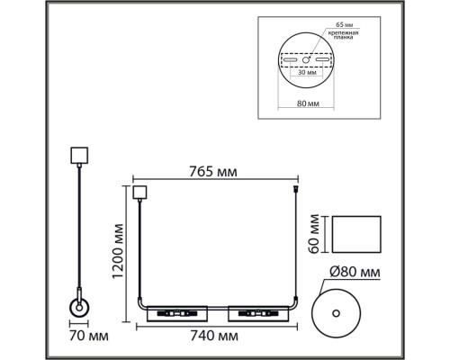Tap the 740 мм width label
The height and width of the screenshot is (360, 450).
coord(215,336)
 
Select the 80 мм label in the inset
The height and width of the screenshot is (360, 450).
coord(307,104)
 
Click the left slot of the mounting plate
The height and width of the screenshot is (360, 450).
coord(290,59)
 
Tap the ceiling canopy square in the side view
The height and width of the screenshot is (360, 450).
coord(77,154)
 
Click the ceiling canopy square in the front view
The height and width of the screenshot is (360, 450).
coord(139,191)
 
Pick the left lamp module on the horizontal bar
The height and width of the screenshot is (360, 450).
coord(176,313)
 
